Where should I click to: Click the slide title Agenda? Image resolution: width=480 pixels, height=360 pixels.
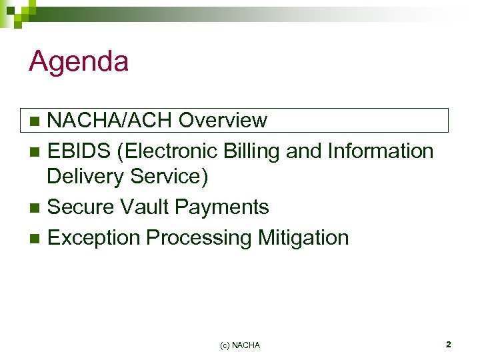79,63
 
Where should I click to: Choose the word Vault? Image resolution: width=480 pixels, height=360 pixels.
144,207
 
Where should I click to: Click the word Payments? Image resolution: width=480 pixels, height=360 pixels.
222,207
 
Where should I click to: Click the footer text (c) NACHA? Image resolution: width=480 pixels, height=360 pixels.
240,345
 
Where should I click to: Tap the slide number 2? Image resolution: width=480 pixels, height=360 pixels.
448,345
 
